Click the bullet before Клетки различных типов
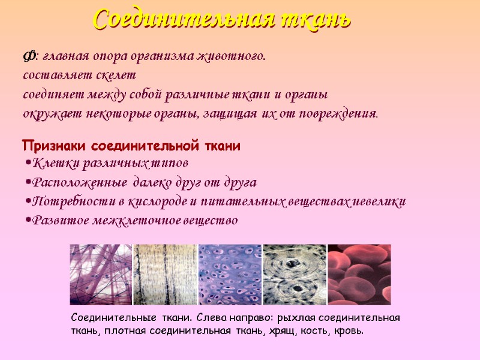coord(28,163)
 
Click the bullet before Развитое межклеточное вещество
coord(28,221)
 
